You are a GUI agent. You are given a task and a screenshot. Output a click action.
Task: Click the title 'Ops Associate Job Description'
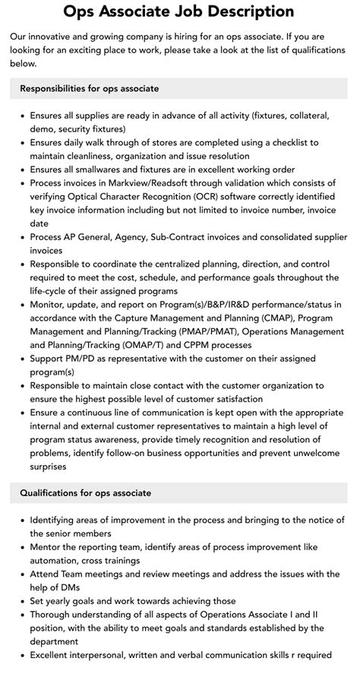[179, 11]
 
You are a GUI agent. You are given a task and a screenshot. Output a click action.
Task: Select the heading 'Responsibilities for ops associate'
[90, 89]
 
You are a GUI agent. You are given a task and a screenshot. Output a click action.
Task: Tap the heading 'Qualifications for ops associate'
[86, 492]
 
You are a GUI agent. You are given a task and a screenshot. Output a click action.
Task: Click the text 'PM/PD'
[89, 359]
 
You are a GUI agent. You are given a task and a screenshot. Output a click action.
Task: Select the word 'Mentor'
[48, 546]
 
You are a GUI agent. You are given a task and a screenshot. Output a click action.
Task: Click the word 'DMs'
[68, 587]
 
